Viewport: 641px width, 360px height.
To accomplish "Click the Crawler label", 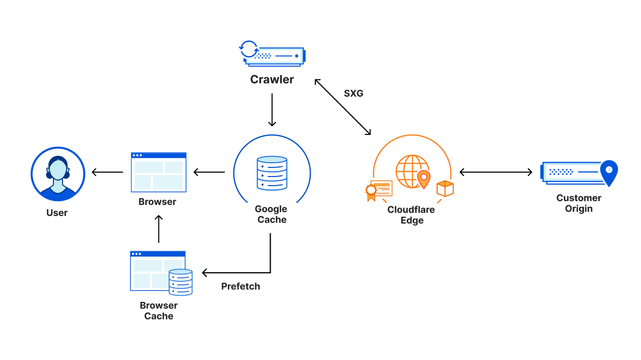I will click(x=272, y=80).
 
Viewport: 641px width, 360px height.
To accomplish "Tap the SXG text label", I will click(x=353, y=93).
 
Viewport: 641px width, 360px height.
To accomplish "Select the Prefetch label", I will click(x=241, y=286).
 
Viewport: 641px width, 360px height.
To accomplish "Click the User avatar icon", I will click(x=57, y=173).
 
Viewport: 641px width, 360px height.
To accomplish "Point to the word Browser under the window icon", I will click(x=157, y=202).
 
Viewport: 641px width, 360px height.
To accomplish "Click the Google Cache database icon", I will click(x=272, y=173).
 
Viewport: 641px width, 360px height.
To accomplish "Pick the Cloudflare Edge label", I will click(x=411, y=215).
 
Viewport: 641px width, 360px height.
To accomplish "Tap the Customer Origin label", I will click(x=579, y=203).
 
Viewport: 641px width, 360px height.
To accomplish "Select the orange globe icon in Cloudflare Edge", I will click(x=412, y=171).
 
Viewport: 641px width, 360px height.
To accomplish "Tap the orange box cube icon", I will click(x=445, y=188).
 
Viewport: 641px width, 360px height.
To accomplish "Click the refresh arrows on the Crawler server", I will click(x=248, y=49).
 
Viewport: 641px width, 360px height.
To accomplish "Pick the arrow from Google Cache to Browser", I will click(x=209, y=172).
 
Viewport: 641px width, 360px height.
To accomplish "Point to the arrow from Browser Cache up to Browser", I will click(x=159, y=229).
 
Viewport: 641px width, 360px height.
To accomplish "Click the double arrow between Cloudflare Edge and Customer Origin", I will click(x=496, y=172).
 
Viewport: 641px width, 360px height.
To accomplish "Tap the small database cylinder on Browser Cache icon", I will click(x=180, y=282).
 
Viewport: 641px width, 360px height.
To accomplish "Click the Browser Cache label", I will click(x=159, y=311).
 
